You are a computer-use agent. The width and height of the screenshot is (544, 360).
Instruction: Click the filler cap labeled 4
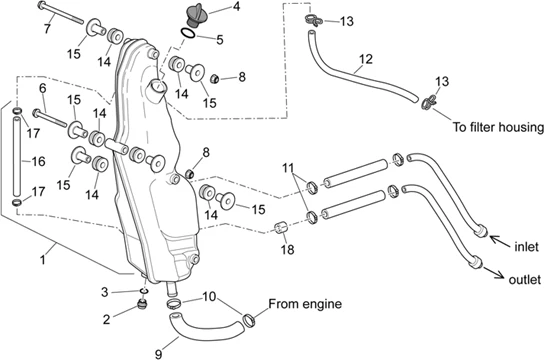[197, 15]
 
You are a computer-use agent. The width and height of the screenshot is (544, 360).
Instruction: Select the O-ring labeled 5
[188, 33]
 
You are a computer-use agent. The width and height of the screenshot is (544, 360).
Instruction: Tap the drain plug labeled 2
[142, 305]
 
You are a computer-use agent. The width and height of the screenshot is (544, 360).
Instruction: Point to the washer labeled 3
[144, 290]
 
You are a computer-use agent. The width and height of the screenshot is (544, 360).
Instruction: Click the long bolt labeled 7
[60, 13]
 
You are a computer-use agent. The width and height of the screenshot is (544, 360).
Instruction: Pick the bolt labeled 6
[50, 118]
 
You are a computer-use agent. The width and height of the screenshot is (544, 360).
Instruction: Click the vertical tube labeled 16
[17, 157]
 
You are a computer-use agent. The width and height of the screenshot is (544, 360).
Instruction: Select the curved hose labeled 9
[205, 328]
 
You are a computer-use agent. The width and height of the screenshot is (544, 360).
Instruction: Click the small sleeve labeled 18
[281, 228]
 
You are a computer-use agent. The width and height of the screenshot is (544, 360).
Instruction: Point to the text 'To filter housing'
[498, 127]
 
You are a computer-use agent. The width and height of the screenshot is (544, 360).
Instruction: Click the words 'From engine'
[305, 304]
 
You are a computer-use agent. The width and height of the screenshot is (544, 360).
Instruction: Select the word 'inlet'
[526, 247]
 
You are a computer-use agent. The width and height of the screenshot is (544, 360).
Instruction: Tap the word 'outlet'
[525, 280]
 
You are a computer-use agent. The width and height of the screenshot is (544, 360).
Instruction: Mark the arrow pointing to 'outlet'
[494, 272]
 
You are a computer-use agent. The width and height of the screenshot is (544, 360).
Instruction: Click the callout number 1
[43, 259]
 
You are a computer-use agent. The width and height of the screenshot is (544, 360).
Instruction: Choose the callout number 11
[288, 168]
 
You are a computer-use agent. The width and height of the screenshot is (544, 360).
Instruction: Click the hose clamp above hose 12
[314, 20]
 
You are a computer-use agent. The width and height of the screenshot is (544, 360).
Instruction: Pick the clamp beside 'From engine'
[249, 320]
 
